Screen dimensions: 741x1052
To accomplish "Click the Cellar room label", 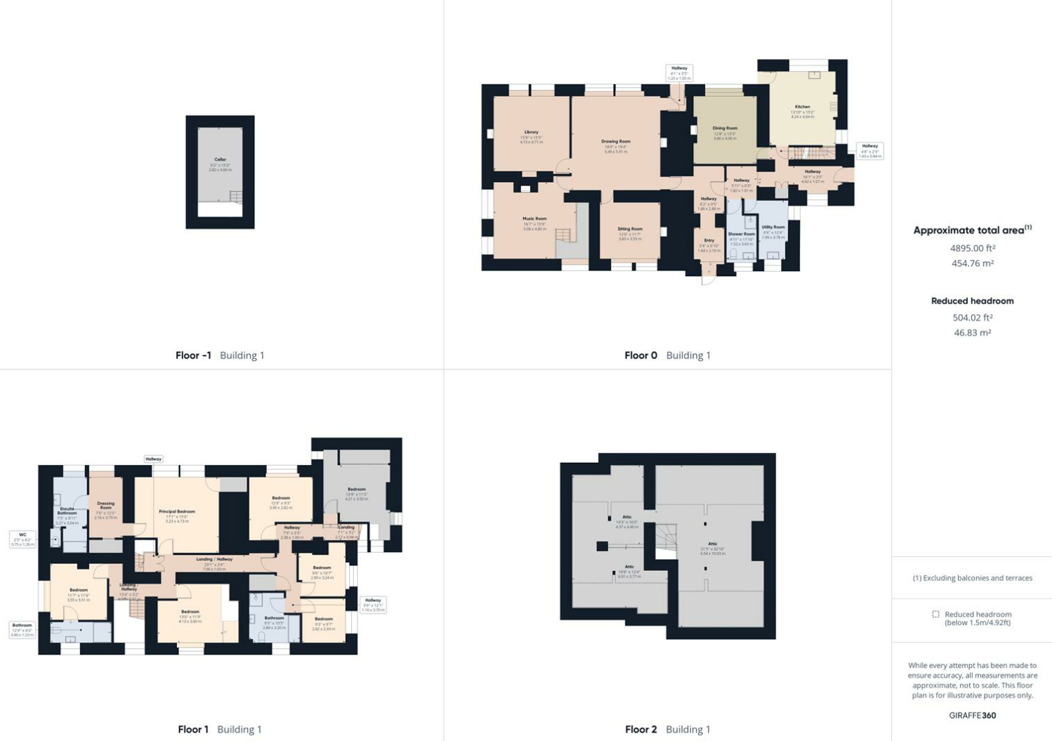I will pyautogui.click(x=220, y=160).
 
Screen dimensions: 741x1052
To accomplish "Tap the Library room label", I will pyautogui.click(x=531, y=133).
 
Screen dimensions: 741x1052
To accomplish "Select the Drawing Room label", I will pyautogui.click(x=615, y=142).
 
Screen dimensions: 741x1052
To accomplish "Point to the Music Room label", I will pyautogui.click(x=534, y=219).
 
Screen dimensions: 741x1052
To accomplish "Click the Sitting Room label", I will pyautogui.click(x=630, y=229).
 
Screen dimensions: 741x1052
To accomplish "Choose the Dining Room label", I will pyautogui.click(x=725, y=129).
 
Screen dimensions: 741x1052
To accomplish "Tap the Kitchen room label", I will pyautogui.click(x=802, y=107).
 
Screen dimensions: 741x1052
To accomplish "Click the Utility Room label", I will pyautogui.click(x=773, y=228).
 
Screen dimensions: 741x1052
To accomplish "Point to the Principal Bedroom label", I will pyautogui.click(x=177, y=512).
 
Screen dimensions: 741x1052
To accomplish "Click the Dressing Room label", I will pyautogui.click(x=105, y=505).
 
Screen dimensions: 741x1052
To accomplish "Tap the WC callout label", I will pyautogui.click(x=22, y=535).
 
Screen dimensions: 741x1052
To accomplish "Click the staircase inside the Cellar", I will pyautogui.click(x=236, y=197).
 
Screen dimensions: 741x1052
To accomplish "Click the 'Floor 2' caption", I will pyautogui.click(x=640, y=730).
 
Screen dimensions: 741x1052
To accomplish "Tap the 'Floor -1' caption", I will pyautogui.click(x=193, y=355).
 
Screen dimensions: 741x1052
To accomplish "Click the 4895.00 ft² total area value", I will pyautogui.click(x=972, y=248).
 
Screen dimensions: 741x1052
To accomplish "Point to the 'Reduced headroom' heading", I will pyautogui.click(x=972, y=301).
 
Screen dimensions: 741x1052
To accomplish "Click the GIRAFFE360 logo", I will pyautogui.click(x=972, y=715).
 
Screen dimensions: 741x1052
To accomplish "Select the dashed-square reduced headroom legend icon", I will pyautogui.click(x=935, y=614).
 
